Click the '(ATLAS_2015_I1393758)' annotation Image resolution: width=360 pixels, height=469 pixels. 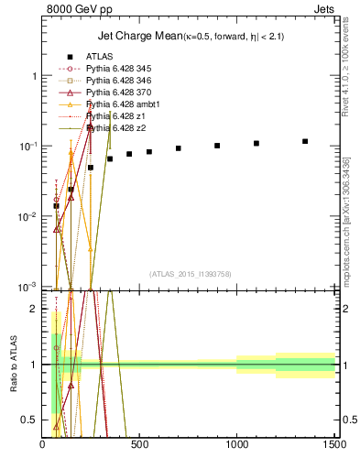coord(189,274)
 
